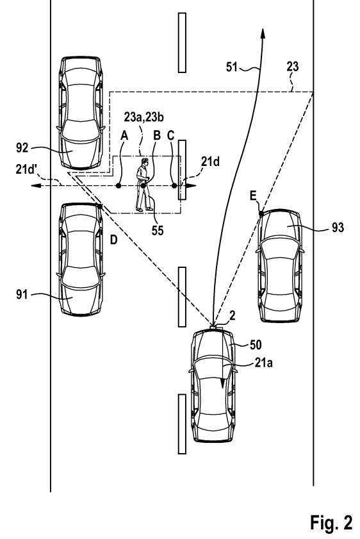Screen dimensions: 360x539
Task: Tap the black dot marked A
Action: (x=119, y=186)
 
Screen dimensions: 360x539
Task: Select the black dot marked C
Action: (x=174, y=186)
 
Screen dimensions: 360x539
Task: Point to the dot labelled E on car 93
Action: (x=261, y=213)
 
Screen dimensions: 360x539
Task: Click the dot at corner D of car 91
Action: (x=100, y=206)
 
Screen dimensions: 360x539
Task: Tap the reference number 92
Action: (x=22, y=148)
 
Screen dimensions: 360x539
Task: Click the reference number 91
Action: (x=22, y=295)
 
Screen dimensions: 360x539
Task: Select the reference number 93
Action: (x=338, y=228)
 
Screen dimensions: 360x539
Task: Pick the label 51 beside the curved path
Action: (x=232, y=67)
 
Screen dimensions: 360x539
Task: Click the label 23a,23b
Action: (x=144, y=117)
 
